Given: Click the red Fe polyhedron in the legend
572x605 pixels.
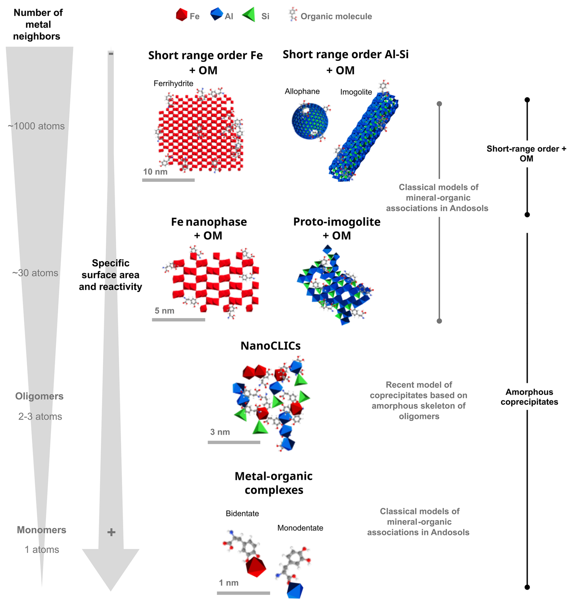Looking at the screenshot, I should [x=181, y=15].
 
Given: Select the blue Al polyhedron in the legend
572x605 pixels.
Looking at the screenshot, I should [x=216, y=14].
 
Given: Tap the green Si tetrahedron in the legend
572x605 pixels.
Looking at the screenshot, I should [x=249, y=15].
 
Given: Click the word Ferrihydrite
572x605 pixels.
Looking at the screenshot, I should [x=173, y=83].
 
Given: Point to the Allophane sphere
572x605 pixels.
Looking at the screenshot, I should [x=310, y=121].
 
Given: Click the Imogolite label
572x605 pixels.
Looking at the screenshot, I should [x=356, y=92].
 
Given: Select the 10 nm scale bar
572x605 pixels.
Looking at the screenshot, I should [x=168, y=180].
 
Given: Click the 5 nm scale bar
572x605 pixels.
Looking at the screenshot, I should [x=178, y=320].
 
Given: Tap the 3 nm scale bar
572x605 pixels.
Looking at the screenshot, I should [x=234, y=442].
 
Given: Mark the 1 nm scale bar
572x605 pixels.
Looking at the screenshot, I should [x=243, y=593].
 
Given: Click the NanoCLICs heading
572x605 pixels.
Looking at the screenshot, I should [x=271, y=346].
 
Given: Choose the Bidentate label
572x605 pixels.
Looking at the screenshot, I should [x=242, y=513].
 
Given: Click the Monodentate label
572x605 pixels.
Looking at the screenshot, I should [x=300, y=528].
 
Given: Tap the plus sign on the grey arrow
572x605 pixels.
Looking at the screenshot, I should [x=111, y=532].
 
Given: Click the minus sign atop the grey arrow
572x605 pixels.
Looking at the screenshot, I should [x=111, y=54].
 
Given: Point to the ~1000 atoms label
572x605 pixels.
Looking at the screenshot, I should [x=36, y=126].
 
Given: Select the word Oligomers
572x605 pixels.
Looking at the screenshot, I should [x=39, y=396].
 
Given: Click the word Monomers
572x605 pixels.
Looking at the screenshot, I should [x=41, y=530].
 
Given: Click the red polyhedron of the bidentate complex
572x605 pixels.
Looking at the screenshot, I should [x=256, y=567].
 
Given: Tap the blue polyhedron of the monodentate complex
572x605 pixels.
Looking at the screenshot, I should [x=295, y=591].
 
